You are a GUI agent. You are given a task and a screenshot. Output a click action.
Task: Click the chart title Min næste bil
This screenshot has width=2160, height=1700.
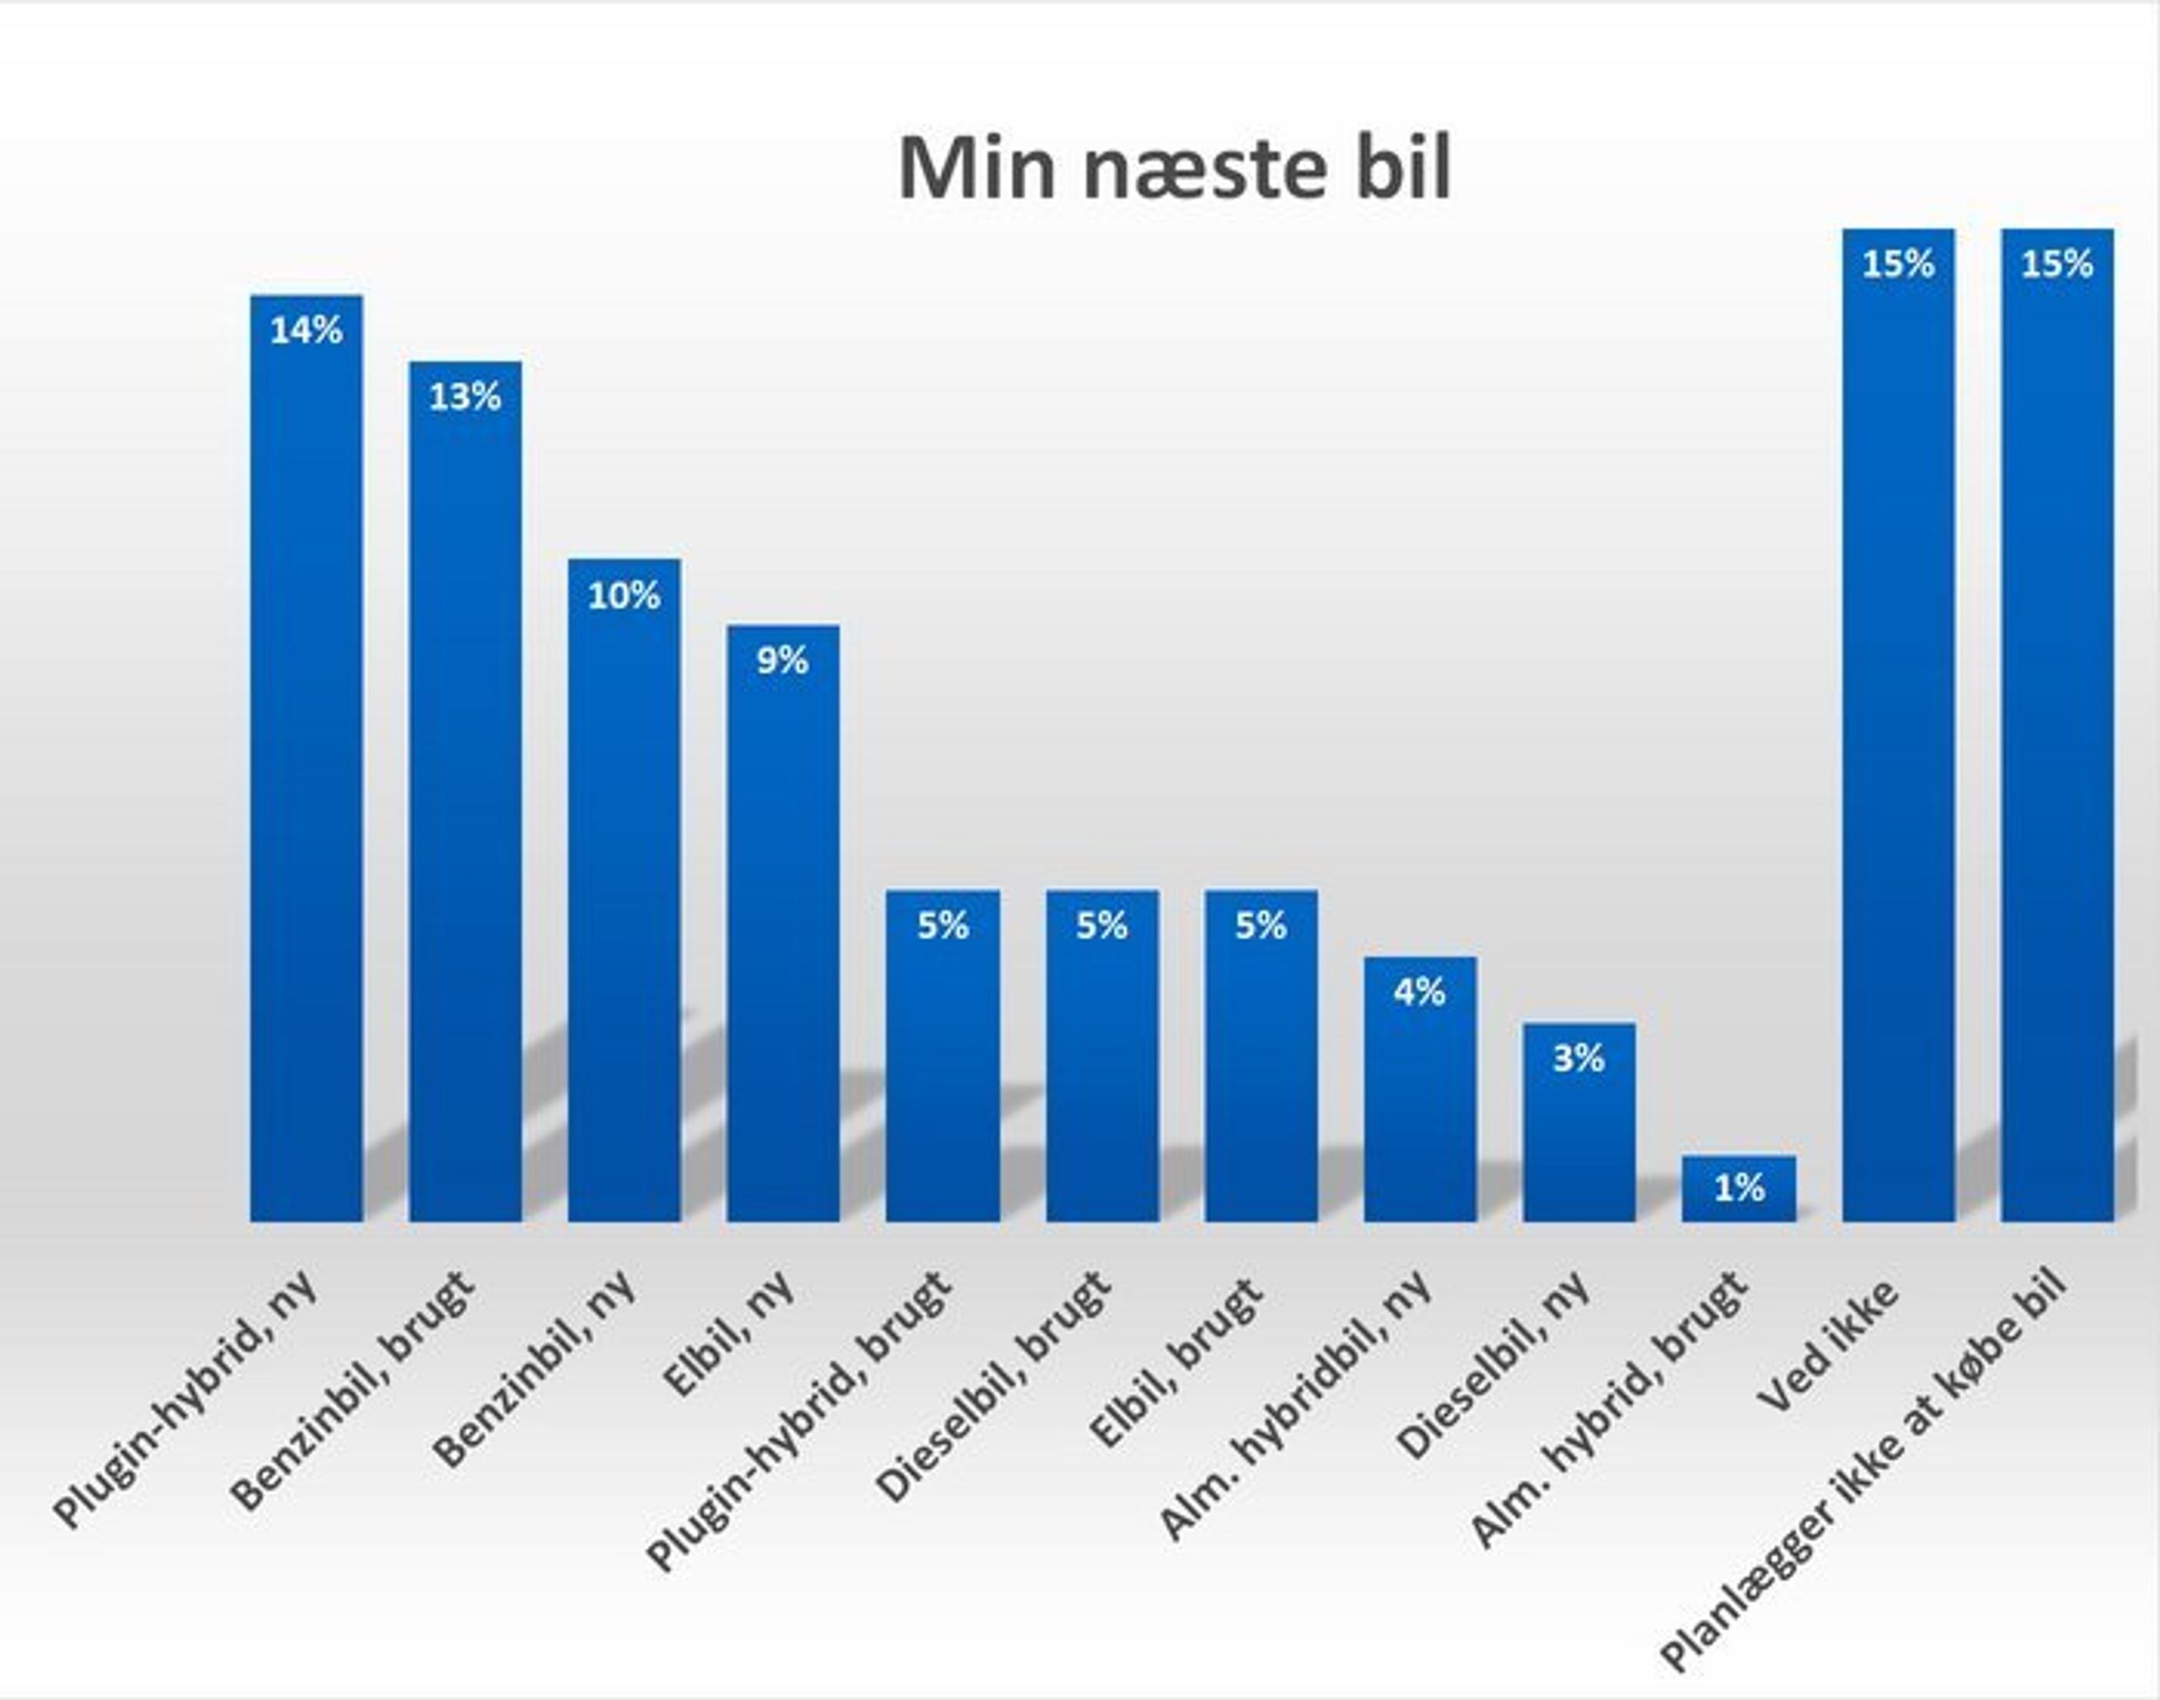pos(1175,169)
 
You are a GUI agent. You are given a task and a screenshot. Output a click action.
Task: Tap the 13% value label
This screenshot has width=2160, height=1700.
pos(465,397)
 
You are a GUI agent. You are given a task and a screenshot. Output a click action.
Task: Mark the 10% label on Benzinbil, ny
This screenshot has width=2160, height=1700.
pos(624,596)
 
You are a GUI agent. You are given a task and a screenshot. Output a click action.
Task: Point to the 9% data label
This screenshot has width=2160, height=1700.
pos(783,661)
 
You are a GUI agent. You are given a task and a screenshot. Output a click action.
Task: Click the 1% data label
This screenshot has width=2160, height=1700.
pos(1738,1187)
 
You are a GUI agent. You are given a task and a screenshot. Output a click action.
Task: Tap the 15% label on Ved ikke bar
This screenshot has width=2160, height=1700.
pos(1898,264)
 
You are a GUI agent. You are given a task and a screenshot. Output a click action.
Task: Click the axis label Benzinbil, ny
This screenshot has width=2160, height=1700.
pos(538,1368)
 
